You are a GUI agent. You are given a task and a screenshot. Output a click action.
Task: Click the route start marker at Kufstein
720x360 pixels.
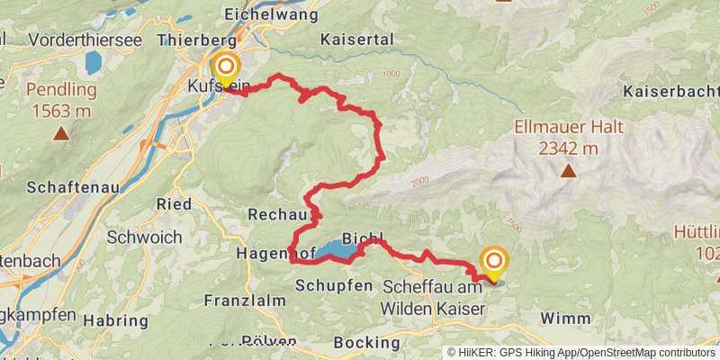pyautogui.click(x=225, y=67)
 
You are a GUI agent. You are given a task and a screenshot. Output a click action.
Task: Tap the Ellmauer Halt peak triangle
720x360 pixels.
pyautogui.click(x=568, y=169)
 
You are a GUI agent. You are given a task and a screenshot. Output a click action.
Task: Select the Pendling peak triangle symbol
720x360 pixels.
pyautogui.click(x=60, y=133)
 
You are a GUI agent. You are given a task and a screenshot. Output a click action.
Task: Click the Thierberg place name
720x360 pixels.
pyautogui.click(x=196, y=40)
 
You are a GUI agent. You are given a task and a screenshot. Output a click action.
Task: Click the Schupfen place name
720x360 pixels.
pyautogui.click(x=333, y=284)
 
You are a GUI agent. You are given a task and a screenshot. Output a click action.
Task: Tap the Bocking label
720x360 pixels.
pyautogui.click(x=366, y=342)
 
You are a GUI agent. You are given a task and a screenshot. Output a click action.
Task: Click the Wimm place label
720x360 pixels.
pyautogui.click(x=567, y=319)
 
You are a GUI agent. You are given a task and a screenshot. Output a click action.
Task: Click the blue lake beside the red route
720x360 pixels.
pyautogui.click(x=335, y=250)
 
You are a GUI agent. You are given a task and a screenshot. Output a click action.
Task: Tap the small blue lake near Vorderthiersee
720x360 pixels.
pyautogui.click(x=93, y=61)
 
